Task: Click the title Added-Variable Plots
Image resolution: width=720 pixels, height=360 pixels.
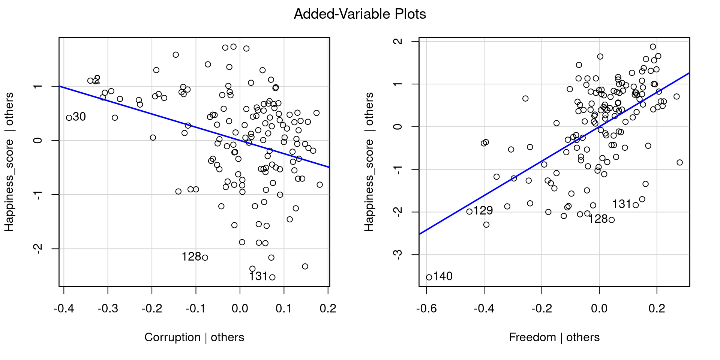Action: pyautogui.click(x=360, y=14)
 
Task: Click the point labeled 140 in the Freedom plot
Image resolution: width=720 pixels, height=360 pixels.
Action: pyautogui.click(x=429, y=277)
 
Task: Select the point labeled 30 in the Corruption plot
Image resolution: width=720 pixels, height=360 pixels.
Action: pyautogui.click(x=69, y=118)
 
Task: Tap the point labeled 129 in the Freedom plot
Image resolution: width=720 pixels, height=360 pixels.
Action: pyautogui.click(x=469, y=211)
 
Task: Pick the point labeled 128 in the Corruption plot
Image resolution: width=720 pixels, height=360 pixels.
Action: pyautogui.click(x=205, y=257)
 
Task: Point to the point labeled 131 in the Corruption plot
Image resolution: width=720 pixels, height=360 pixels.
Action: pyautogui.click(x=272, y=277)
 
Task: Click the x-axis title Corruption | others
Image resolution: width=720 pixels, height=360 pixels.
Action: pyautogui.click(x=194, y=337)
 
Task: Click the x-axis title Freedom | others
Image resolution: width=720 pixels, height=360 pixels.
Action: pyautogui.click(x=554, y=337)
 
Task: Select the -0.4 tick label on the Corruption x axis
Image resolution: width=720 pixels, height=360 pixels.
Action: pyautogui.click(x=64, y=309)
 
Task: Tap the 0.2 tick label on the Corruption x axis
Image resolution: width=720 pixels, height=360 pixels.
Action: pyautogui.click(x=328, y=309)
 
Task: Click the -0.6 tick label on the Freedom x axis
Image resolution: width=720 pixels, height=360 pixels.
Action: pyautogui.click(x=426, y=309)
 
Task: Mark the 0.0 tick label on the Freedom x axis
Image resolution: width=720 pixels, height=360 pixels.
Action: pyautogui.click(x=599, y=309)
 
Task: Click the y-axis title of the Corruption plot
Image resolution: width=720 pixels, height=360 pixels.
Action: pyautogui.click(x=9, y=162)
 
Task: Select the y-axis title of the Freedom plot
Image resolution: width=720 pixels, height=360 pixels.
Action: pyautogui.click(x=369, y=162)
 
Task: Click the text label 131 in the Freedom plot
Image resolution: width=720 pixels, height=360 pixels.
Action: pyautogui.click(x=622, y=204)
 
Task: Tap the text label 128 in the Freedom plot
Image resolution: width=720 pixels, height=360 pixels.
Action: pyautogui.click(x=598, y=219)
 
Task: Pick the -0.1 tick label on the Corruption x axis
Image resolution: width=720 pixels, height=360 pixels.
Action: pyautogui.click(x=196, y=309)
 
